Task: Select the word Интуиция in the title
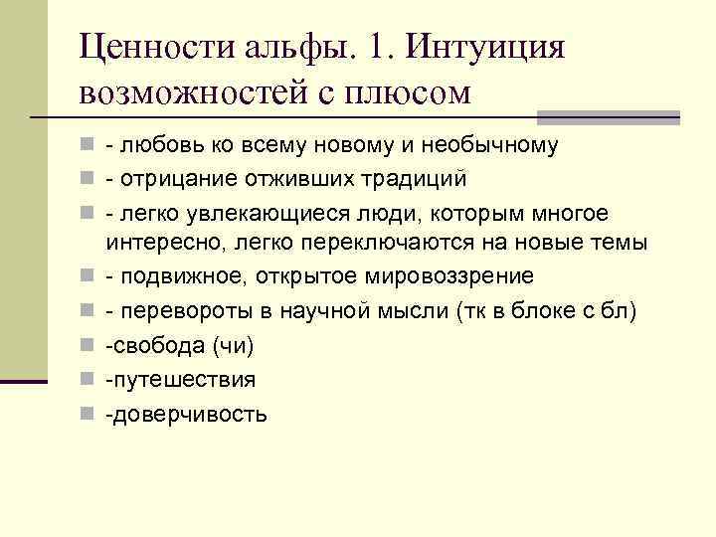pos(486,48)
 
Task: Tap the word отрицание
pos(167,180)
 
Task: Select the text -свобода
pos(149,345)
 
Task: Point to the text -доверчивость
pos(187,414)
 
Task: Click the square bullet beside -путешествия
pos(89,379)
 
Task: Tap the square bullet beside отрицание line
pos(89,180)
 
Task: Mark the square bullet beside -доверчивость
pos(89,414)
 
